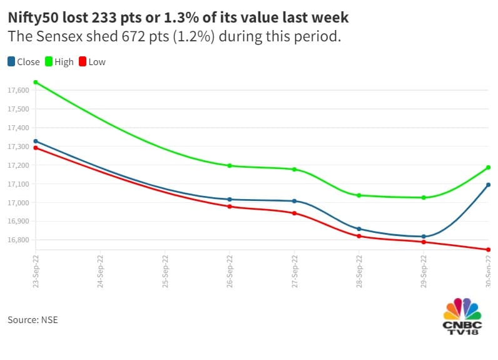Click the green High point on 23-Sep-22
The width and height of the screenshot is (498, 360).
[x=36, y=82]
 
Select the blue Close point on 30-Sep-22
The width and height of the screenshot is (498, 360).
[x=489, y=185]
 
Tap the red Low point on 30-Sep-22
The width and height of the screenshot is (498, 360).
[x=489, y=250]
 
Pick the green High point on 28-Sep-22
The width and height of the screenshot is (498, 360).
[x=359, y=195]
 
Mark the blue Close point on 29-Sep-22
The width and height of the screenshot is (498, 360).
[x=424, y=237]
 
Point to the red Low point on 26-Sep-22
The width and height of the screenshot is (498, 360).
[x=230, y=207]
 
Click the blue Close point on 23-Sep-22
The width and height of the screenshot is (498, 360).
[x=36, y=141]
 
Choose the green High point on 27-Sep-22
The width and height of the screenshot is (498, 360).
[x=294, y=170]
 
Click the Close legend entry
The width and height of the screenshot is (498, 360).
[x=24, y=62]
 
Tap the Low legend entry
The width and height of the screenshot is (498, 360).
[x=93, y=62]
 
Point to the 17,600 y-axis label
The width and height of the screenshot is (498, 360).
[x=18, y=91]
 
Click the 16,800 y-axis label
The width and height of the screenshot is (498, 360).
[x=18, y=240]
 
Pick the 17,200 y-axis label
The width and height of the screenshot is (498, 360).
[x=18, y=165]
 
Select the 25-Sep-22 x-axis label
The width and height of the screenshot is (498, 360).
[x=165, y=270]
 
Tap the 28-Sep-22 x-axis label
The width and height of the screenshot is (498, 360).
[x=359, y=270]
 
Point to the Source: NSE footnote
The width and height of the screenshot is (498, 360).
[x=33, y=320]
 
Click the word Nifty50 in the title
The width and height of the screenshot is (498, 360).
[x=35, y=17]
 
